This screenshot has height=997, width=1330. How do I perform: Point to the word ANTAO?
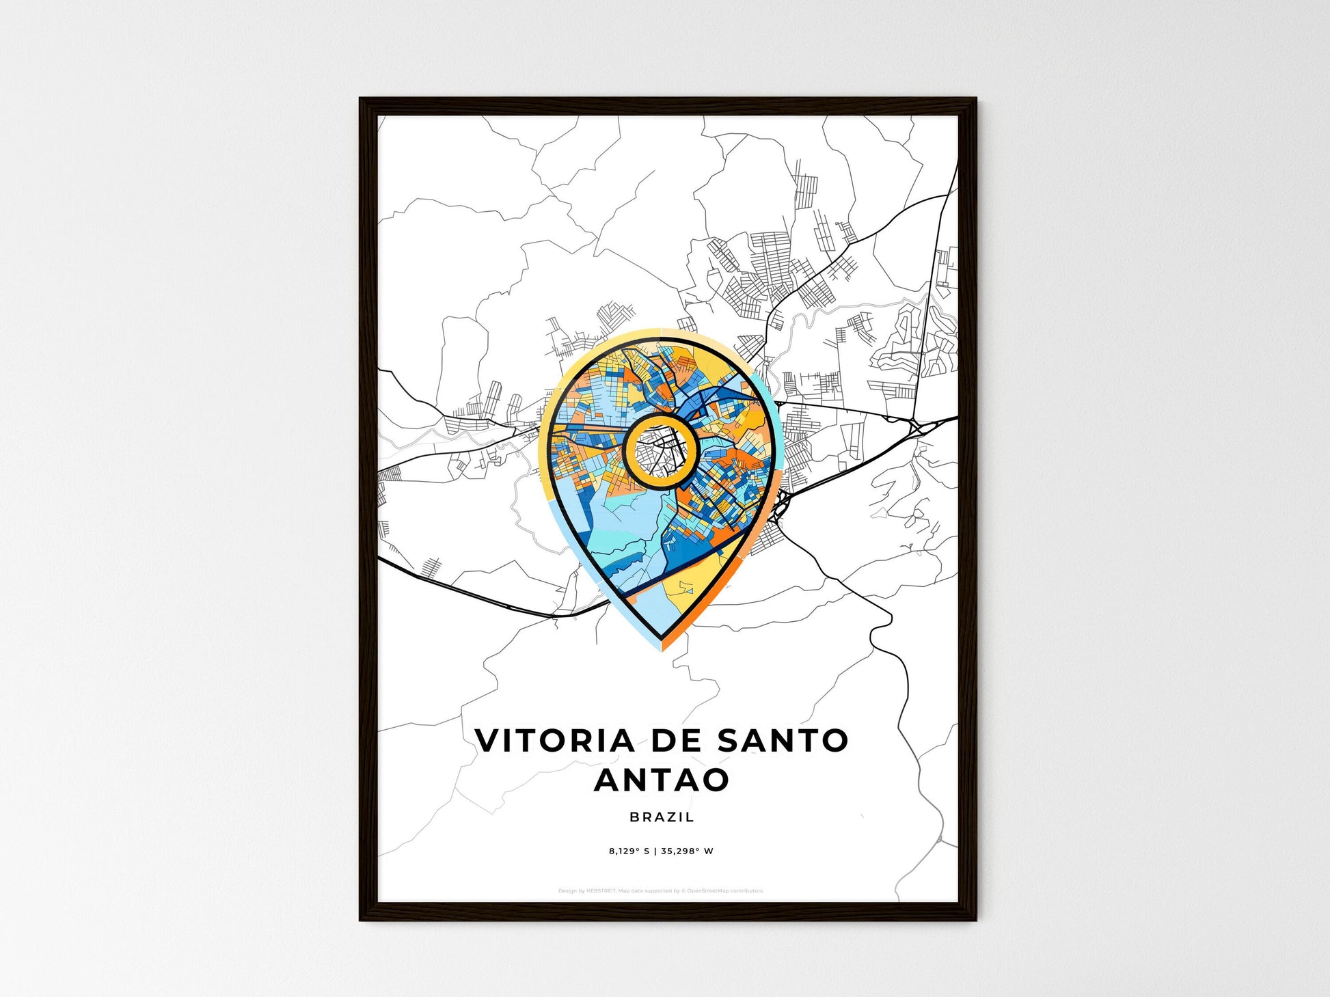coord(662,780)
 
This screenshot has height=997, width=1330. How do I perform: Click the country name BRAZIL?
coord(662,817)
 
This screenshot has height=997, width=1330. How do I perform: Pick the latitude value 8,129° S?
coord(629,851)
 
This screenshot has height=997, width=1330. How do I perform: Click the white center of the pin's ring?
coord(660,450)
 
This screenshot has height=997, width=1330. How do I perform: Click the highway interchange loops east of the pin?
coord(916,426)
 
